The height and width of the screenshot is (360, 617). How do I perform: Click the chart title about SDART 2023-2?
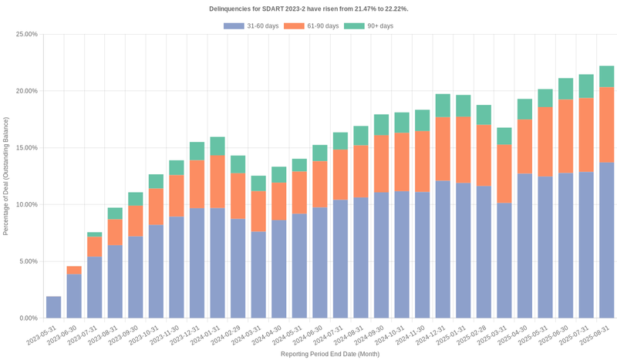coord(308,8)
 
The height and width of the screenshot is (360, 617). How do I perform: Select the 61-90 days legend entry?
coord(311,26)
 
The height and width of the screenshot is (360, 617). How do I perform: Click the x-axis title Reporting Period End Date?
coord(329,353)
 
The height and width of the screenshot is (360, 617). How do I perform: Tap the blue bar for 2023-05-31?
coord(53,307)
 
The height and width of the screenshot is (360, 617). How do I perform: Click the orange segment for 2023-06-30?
coord(74,270)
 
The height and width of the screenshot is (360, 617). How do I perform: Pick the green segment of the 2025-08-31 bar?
coord(606,76)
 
